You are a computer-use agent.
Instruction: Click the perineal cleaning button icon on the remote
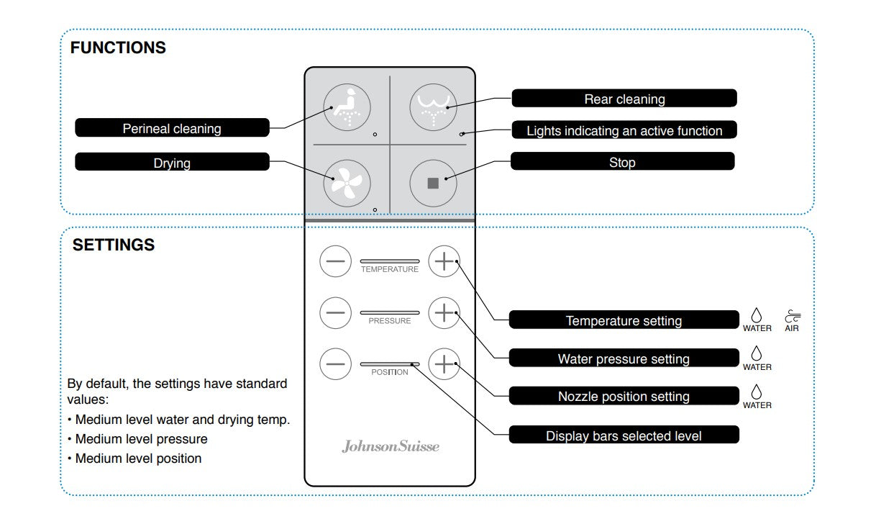(347, 107)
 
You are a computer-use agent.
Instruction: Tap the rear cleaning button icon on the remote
(434, 107)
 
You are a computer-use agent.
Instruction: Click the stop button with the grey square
(433, 183)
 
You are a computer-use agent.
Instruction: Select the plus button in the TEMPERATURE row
(444, 262)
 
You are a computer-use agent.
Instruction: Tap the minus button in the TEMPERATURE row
(335, 262)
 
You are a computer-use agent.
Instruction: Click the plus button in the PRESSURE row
(444, 313)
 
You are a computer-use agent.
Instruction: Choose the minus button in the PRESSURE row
(335, 313)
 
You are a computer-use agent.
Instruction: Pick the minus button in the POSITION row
(335, 364)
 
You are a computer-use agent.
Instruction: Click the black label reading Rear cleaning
(624, 99)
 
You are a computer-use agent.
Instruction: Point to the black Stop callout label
(622, 162)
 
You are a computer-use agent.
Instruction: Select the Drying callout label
(172, 162)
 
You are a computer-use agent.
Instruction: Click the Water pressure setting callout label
(624, 358)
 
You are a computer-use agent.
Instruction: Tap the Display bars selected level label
(624, 435)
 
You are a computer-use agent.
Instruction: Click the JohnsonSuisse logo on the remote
(390, 446)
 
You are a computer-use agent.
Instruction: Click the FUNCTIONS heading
(118, 48)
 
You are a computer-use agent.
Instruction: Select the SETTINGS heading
(114, 245)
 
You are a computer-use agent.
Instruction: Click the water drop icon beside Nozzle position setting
(757, 392)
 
